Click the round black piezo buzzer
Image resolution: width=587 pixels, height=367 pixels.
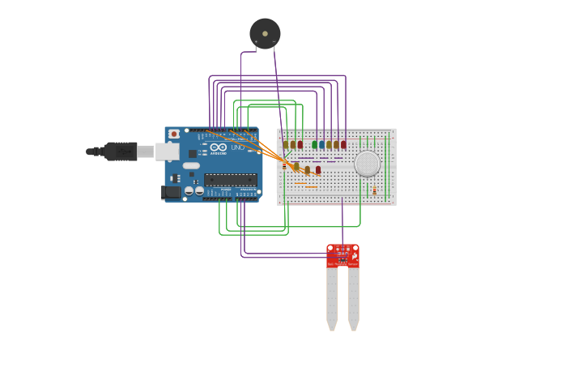265,34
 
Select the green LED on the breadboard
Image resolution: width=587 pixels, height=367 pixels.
315,145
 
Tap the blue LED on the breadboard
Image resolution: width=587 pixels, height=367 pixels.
321,145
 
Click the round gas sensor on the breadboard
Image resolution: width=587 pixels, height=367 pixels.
367,164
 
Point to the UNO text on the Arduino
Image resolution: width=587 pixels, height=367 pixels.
238,147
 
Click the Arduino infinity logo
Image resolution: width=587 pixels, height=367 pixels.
219,147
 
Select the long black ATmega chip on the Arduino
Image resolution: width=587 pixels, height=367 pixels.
230,180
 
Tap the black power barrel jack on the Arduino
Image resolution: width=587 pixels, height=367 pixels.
171,192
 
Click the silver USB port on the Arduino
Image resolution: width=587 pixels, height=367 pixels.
168,151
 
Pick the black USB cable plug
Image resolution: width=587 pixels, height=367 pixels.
120,151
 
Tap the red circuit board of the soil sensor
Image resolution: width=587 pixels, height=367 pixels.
342,255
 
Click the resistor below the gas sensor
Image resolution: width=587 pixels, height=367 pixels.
374,190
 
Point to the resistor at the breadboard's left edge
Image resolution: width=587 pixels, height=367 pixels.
284,166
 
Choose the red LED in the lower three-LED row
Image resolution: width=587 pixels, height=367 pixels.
318,170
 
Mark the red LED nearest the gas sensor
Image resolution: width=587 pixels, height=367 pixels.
343,145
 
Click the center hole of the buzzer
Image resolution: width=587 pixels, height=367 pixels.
265,33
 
